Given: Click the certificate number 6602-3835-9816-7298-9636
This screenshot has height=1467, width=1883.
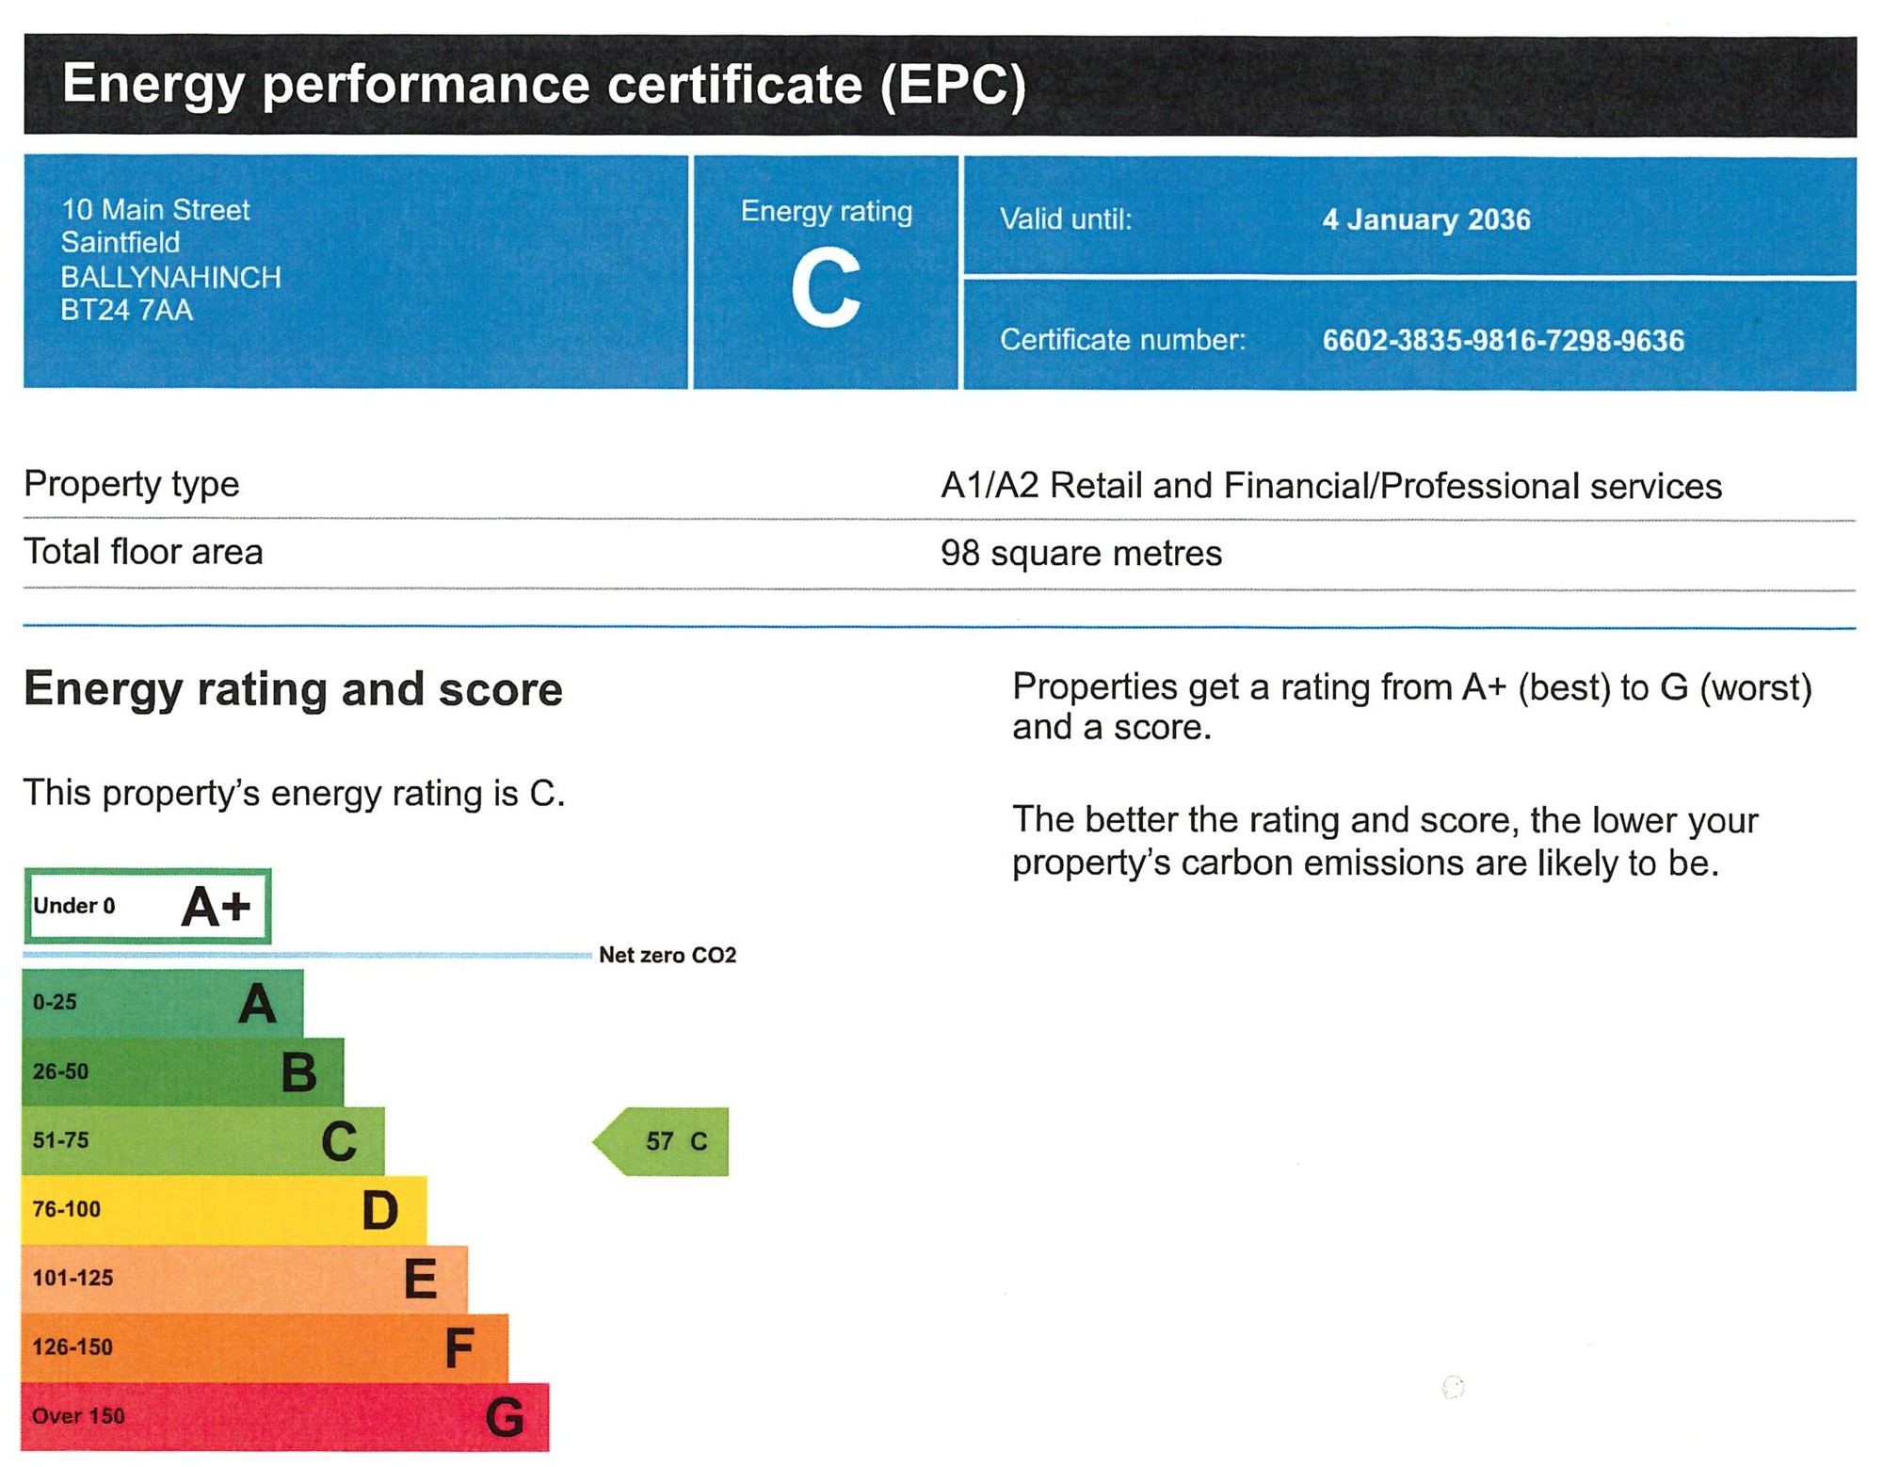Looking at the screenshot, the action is (1503, 340).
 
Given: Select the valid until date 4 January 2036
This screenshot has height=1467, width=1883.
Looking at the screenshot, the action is (1426, 219).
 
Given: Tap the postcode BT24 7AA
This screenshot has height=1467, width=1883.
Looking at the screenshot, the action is (127, 310).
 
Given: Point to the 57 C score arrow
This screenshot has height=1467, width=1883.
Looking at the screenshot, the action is (661, 1141).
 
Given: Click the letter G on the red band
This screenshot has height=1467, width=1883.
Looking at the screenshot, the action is (505, 1417).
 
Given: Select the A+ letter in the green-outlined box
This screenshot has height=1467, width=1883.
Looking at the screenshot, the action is (216, 907).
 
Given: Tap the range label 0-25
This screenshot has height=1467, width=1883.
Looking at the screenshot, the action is (55, 1002).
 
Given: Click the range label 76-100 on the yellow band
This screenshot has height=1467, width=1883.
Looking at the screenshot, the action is (66, 1209).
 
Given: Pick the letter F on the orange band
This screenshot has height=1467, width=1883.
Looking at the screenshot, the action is (459, 1348).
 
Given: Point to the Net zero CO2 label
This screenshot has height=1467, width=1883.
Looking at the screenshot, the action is (668, 955).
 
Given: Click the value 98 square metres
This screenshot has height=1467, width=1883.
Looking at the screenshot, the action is (1081, 553).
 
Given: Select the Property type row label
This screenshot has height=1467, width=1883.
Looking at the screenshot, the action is (132, 485).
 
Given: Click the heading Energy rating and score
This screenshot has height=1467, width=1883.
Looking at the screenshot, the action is (294, 690).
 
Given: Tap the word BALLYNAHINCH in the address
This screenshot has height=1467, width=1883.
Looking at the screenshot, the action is (171, 277).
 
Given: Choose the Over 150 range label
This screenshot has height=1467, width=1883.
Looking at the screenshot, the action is (78, 1416).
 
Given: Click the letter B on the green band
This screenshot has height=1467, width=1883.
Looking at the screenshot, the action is (299, 1072).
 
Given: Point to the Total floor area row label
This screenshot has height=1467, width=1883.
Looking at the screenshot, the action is (143, 552).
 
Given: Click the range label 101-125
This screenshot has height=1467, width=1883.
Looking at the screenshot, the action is (72, 1278).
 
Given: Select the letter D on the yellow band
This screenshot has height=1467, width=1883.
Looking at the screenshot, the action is (380, 1211).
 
